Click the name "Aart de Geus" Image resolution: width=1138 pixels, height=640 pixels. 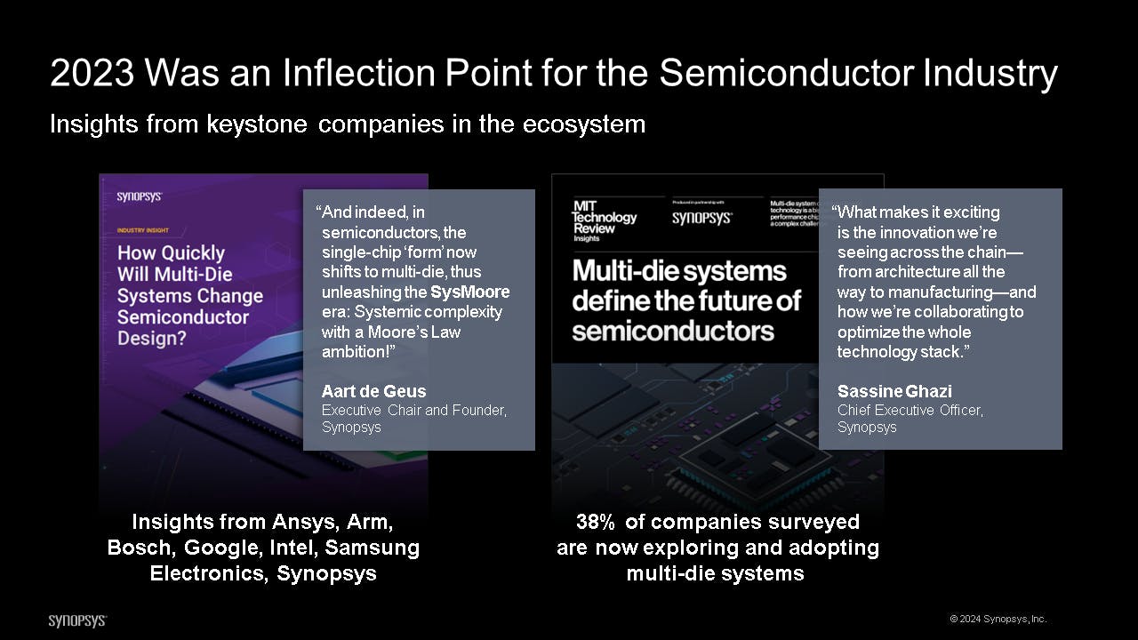click(x=373, y=391)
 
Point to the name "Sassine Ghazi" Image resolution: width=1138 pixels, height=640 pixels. click(x=894, y=391)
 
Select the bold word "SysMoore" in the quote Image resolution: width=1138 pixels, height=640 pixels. click(x=469, y=292)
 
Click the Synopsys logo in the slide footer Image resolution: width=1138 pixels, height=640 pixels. click(x=77, y=620)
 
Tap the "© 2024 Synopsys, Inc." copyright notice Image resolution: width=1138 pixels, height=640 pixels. click(x=998, y=619)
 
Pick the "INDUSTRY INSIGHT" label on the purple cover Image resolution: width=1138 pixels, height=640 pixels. click(x=143, y=229)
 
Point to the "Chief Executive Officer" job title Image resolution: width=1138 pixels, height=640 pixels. click(x=910, y=410)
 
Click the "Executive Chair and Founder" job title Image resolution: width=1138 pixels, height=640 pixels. click(x=413, y=410)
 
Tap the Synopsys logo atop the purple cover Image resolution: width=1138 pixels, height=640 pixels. click(x=139, y=197)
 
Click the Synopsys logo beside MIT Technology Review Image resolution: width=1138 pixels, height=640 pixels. click(x=701, y=218)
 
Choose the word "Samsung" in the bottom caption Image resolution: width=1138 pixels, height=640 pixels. click(x=375, y=548)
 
